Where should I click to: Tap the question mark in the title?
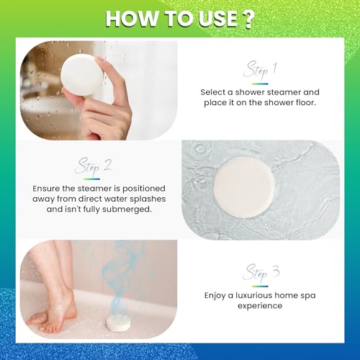(x=249, y=19)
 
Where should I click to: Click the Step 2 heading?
(x=94, y=167)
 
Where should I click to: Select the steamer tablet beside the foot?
(x=117, y=322)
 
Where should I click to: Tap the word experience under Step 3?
(x=260, y=305)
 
